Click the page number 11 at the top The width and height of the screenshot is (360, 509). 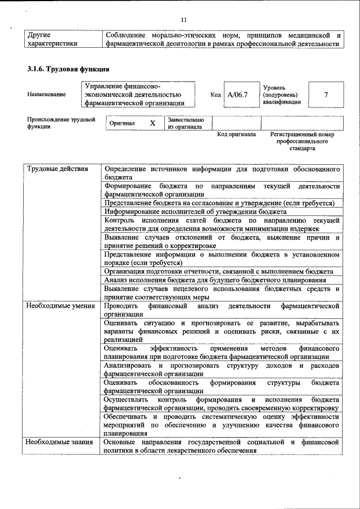[x=183, y=20]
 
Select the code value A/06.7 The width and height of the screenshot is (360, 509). [x=237, y=94]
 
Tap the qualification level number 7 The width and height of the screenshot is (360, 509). [x=326, y=94]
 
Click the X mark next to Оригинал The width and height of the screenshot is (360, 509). [x=152, y=123]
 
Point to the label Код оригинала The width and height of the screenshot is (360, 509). [x=236, y=135]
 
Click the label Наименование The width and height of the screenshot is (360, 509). [x=46, y=94]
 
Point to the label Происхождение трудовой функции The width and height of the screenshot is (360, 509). [x=61, y=123]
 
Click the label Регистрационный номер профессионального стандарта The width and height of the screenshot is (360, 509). [x=302, y=141]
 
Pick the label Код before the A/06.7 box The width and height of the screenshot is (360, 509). [x=215, y=94]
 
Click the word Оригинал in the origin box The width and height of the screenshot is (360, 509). [x=121, y=123]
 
